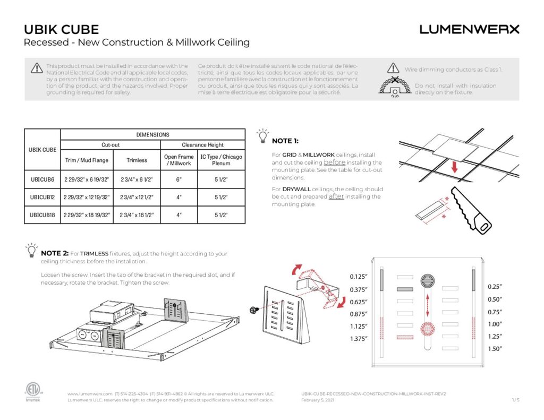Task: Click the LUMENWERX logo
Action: tap(469, 29)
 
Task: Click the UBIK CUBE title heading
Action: tap(62, 30)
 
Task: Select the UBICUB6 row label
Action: tap(42, 179)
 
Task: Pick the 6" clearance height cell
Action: tap(178, 179)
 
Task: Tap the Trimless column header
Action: tap(137, 160)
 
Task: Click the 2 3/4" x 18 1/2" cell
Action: tap(137, 215)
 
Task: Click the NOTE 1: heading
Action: tap(285, 141)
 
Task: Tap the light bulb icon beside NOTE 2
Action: tap(32, 250)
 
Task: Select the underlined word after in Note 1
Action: tap(337, 196)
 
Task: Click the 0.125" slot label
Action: tap(359, 277)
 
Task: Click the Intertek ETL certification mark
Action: tap(32, 391)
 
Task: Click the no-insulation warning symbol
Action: tap(395, 85)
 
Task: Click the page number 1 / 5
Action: tap(515, 400)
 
